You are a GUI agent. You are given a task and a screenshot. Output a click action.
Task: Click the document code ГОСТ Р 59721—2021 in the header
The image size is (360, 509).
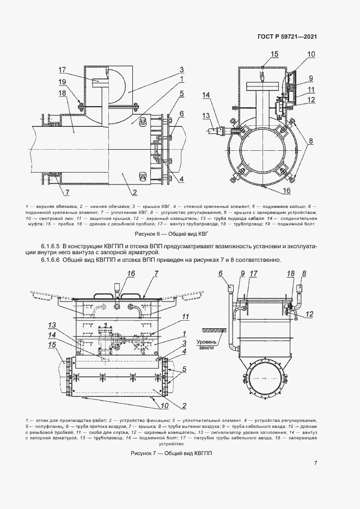click(x=287, y=37)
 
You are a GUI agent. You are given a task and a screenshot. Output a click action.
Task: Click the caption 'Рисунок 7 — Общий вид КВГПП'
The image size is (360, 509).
click(x=180, y=453)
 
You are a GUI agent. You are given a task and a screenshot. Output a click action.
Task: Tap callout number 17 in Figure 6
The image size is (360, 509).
click(x=62, y=70)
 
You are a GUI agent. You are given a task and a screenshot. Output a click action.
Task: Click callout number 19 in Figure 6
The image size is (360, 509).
click(x=62, y=82)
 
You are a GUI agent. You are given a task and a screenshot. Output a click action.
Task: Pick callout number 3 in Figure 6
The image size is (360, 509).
click(x=181, y=69)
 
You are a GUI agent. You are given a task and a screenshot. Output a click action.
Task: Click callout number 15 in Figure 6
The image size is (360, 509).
click(x=274, y=54)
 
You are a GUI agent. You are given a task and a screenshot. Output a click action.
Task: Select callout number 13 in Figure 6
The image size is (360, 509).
click(x=206, y=115)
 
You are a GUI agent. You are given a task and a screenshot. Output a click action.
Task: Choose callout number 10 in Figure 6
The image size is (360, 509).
click(x=311, y=54)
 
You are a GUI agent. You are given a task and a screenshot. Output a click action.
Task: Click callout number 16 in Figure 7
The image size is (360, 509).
click(x=131, y=273)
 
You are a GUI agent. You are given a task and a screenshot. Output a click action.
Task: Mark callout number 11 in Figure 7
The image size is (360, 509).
click(x=185, y=316)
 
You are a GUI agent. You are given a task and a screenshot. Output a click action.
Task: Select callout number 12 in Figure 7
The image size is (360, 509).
click(x=310, y=314)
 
